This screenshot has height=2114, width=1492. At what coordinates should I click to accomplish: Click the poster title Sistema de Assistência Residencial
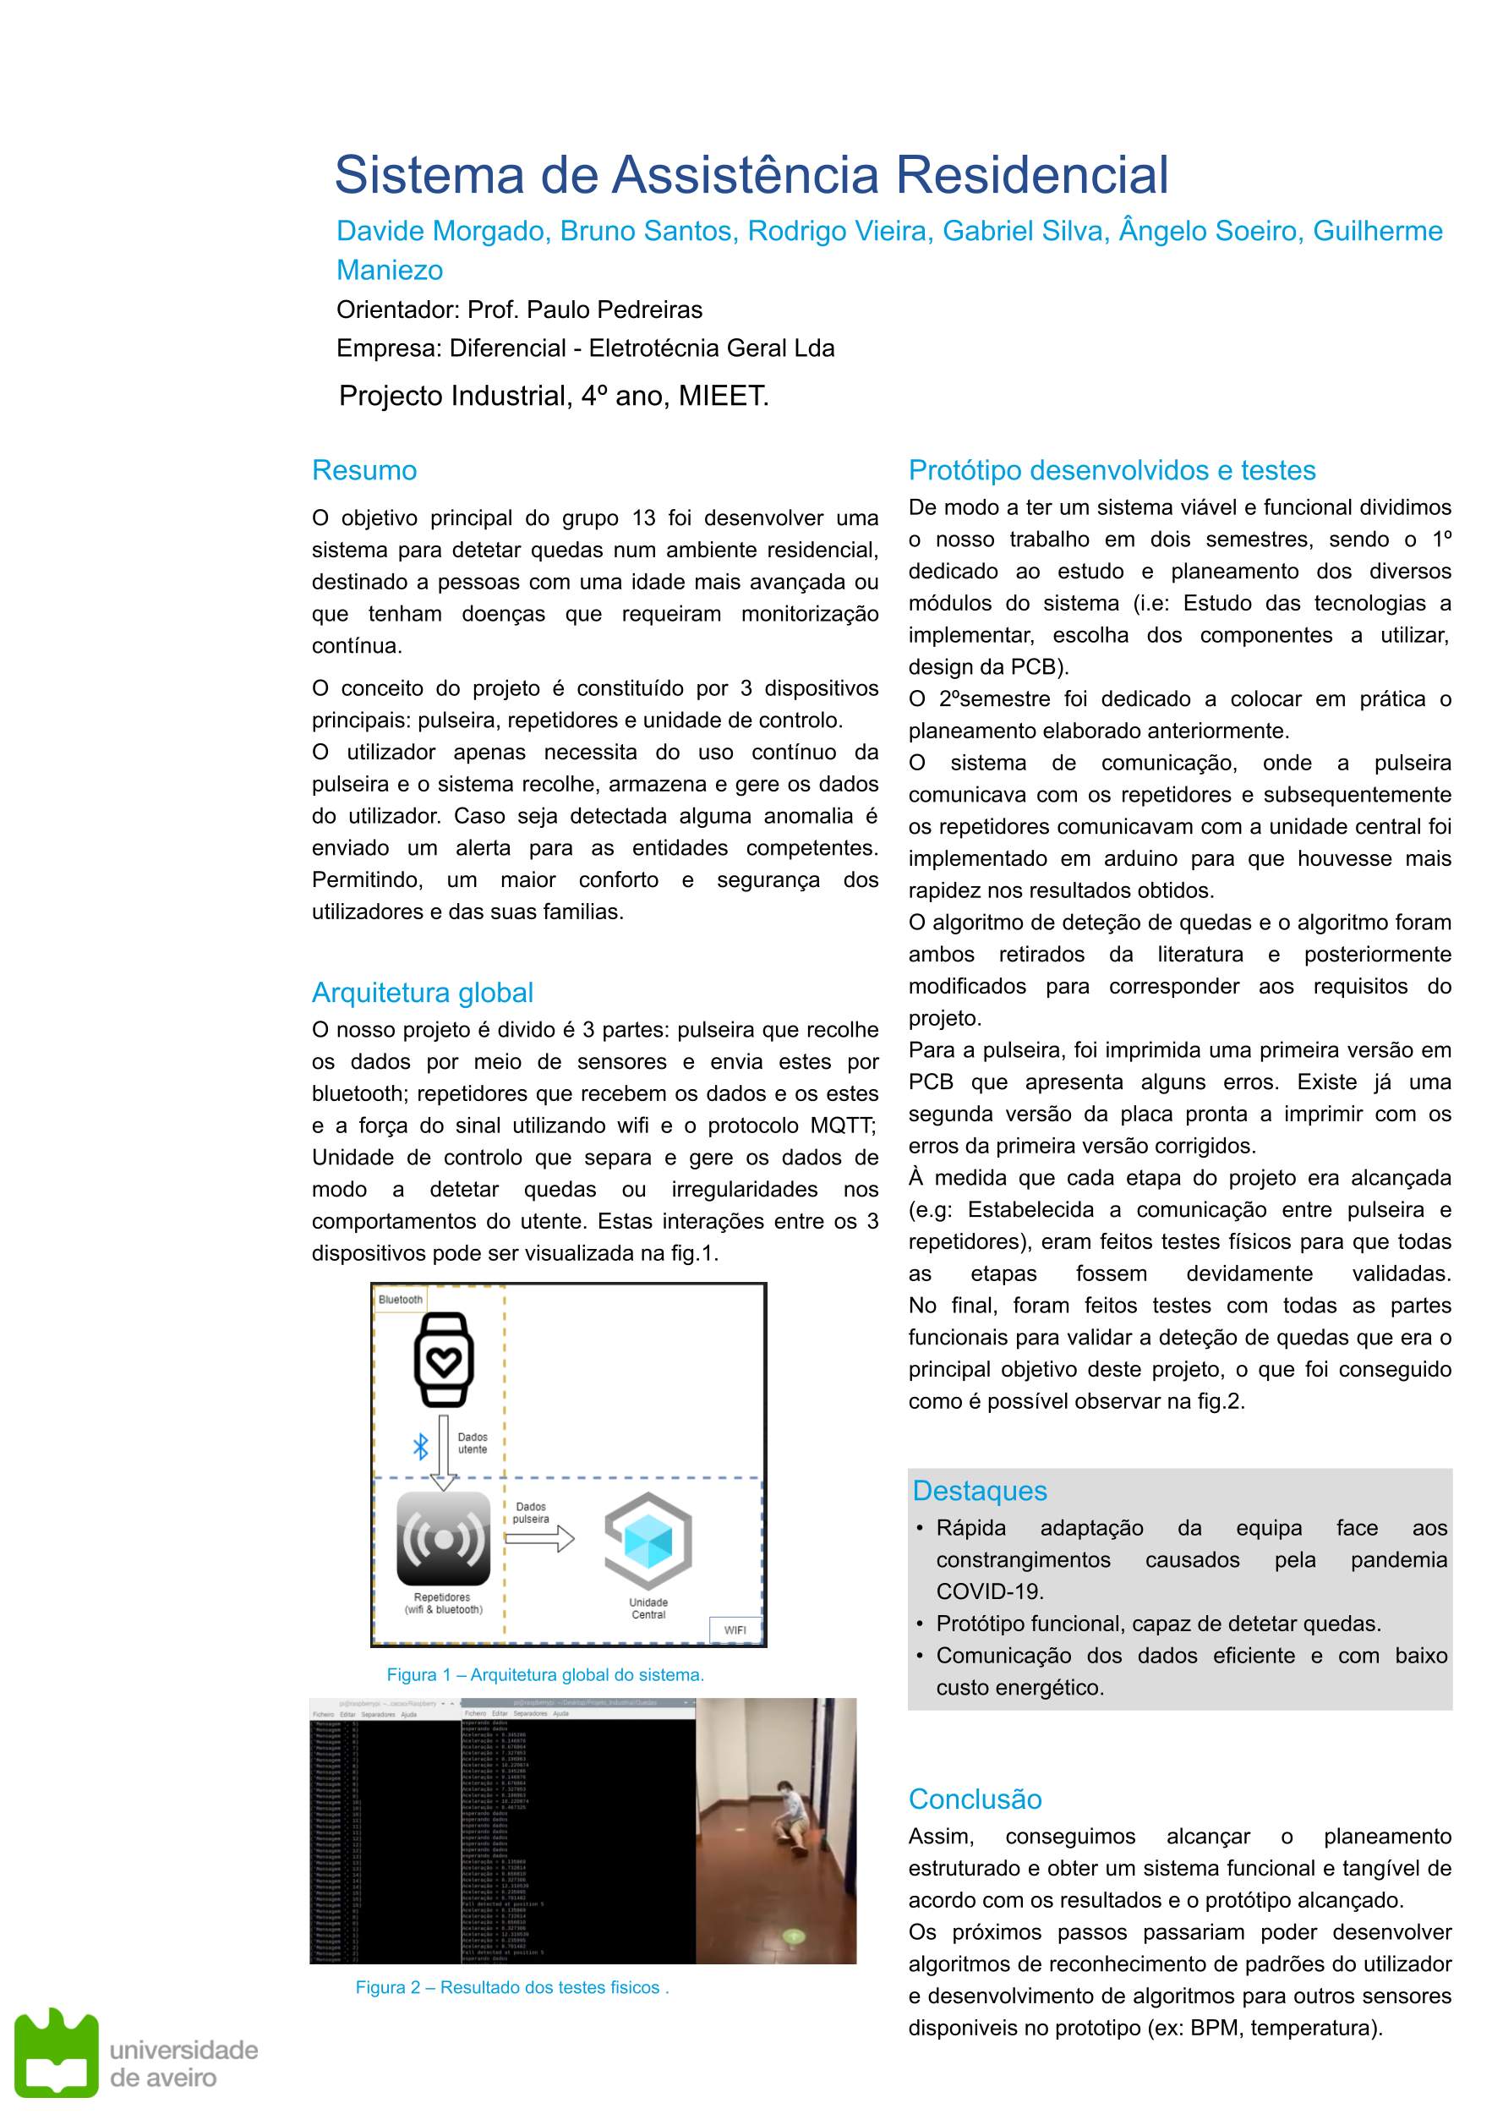tap(751, 175)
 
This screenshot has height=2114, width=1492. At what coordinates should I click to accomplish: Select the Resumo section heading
tap(364, 470)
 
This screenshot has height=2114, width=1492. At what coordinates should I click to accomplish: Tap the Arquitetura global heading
tap(423, 993)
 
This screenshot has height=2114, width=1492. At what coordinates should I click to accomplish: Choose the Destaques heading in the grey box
tap(980, 1491)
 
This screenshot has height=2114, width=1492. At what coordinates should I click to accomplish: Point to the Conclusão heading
tap(975, 1799)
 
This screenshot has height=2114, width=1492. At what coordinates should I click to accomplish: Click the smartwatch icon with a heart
tap(444, 1359)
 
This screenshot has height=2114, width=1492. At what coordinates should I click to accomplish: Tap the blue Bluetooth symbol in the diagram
tap(421, 1447)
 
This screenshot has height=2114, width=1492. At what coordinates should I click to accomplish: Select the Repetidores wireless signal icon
tap(444, 1538)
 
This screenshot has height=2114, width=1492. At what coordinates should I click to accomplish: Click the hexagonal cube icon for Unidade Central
tap(648, 1541)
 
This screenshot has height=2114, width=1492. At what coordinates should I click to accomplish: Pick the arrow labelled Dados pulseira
tap(540, 1538)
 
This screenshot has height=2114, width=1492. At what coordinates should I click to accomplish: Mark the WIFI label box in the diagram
tap(735, 1629)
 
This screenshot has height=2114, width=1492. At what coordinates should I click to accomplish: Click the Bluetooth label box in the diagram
tap(401, 1299)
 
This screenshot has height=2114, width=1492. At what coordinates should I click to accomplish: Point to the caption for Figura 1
tap(545, 1675)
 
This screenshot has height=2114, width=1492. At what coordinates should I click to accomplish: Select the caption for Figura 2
tap(511, 1987)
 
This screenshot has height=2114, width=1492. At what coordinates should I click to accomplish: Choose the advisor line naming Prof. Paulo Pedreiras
tap(519, 309)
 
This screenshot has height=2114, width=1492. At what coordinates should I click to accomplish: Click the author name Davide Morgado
tap(443, 231)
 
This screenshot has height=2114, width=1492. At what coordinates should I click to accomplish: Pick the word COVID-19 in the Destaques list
tap(989, 1591)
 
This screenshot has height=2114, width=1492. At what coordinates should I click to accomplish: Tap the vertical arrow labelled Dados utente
tap(444, 1451)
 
